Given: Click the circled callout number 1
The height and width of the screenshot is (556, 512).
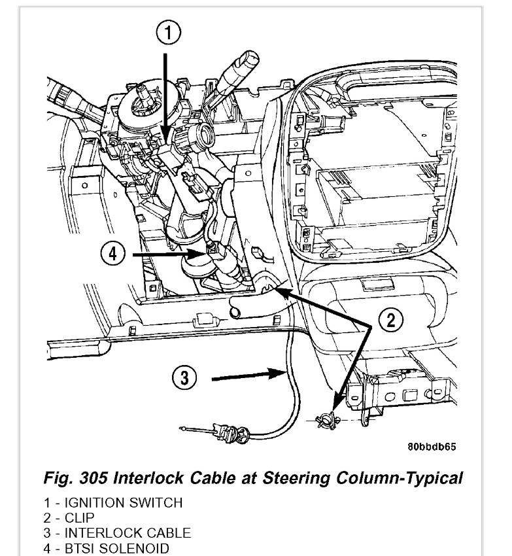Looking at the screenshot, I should coord(169,31).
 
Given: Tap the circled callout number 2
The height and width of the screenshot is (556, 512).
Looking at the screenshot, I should coord(390,320).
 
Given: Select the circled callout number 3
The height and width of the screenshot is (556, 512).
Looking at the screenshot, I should coord(185,377).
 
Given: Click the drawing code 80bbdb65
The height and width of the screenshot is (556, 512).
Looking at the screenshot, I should coord(432,447).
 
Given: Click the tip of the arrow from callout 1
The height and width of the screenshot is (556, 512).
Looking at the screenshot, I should coord(163,143).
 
